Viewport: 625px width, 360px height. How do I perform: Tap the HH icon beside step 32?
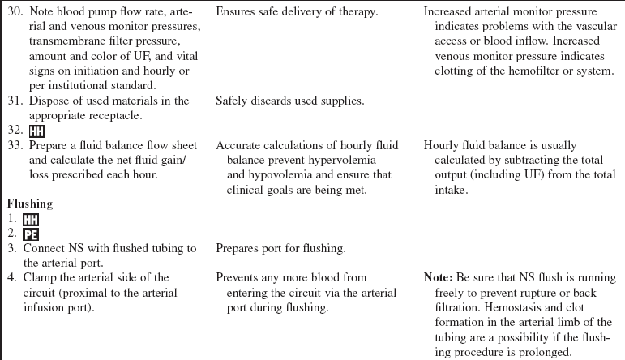(36, 131)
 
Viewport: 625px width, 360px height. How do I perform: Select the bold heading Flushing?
(31, 204)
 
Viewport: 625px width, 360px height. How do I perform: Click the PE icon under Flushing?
(29, 234)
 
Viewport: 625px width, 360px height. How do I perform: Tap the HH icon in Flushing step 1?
(29, 219)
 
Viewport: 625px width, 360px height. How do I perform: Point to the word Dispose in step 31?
(48, 101)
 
